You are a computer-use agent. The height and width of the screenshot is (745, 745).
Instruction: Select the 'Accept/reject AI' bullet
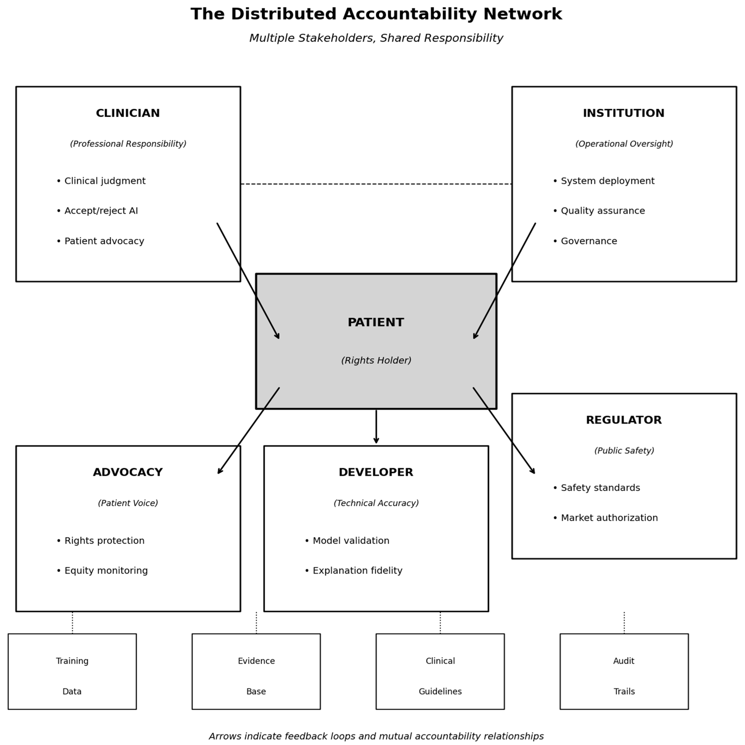101,211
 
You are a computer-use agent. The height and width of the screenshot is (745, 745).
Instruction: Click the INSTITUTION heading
624,113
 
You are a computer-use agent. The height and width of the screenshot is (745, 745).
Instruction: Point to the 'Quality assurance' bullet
602,211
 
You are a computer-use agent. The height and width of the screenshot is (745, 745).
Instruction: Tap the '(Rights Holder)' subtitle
376,360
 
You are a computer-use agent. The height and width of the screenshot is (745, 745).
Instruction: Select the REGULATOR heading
624,420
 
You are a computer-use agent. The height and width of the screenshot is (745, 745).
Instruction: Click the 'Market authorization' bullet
609,518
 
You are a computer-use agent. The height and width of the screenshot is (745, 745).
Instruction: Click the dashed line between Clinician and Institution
376,184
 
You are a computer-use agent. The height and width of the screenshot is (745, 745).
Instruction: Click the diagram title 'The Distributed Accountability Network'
376,14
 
